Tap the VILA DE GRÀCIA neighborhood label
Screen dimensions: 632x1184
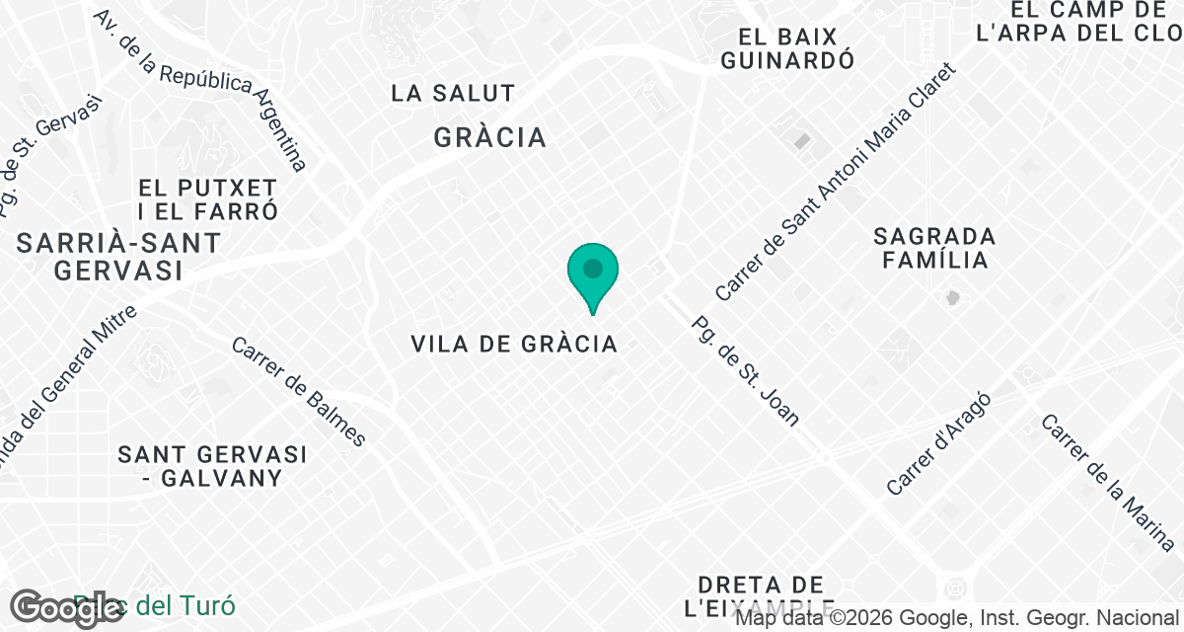click(514, 344)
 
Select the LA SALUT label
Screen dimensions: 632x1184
click(453, 94)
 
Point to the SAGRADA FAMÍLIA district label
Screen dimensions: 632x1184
click(934, 248)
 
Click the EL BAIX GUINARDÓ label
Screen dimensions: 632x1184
click(786, 48)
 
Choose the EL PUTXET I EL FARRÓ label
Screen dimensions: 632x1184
click(208, 198)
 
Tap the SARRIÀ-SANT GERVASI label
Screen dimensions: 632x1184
click(118, 256)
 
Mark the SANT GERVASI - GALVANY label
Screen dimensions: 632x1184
click(212, 466)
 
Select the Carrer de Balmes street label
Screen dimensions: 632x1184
click(299, 391)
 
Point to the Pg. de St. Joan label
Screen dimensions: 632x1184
click(745, 370)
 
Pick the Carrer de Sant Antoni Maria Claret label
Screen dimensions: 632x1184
click(836, 183)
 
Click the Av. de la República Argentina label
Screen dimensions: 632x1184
click(201, 90)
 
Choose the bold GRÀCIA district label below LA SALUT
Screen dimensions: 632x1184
click(489, 137)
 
